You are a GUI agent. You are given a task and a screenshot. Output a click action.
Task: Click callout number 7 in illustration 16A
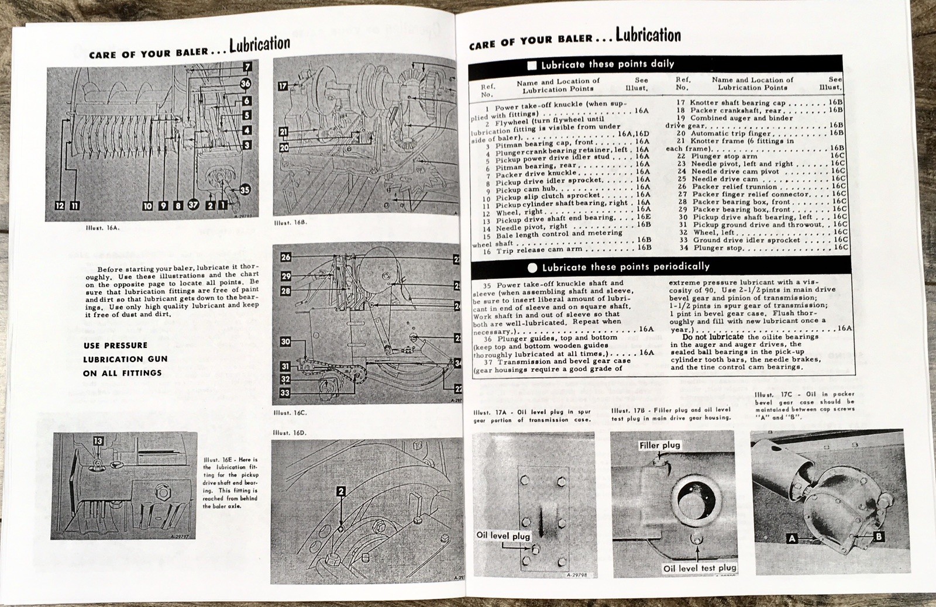(x=247, y=67)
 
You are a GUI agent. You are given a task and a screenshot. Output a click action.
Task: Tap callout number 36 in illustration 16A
(x=246, y=84)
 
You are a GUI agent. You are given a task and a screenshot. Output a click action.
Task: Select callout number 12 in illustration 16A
(x=60, y=205)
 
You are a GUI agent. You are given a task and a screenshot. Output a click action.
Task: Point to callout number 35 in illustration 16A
(x=245, y=189)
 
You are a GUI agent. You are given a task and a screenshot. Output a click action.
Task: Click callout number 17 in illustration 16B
(x=283, y=86)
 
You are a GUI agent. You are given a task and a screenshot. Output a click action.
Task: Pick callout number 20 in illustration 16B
(x=284, y=148)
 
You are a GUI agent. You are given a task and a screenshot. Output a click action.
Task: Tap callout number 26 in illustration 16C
(x=285, y=257)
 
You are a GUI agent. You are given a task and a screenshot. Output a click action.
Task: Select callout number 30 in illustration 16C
(x=285, y=342)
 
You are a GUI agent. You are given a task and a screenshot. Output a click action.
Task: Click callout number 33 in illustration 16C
(x=285, y=393)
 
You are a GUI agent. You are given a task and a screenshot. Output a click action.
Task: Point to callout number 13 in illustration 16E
(x=98, y=442)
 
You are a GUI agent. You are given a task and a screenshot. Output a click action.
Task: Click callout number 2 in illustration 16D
(x=341, y=492)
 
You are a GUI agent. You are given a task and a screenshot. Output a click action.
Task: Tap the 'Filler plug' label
(x=660, y=445)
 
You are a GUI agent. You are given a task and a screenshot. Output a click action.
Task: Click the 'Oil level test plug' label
(x=700, y=568)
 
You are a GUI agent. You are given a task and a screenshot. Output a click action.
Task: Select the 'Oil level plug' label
(x=503, y=535)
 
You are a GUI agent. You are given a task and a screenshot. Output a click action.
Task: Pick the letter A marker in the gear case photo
(x=792, y=539)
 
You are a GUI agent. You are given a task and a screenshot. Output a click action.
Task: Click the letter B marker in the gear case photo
(x=878, y=536)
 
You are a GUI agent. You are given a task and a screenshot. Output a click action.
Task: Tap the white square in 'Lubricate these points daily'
(x=532, y=65)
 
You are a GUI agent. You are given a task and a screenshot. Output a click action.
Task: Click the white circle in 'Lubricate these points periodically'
(x=532, y=268)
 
